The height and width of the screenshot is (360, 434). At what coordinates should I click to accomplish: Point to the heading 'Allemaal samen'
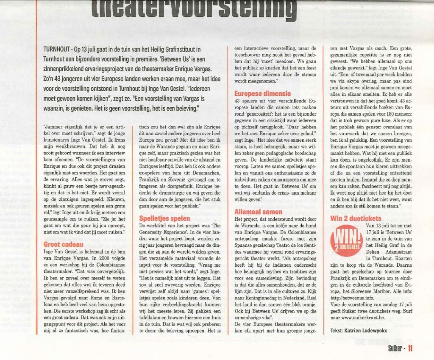point(259,211)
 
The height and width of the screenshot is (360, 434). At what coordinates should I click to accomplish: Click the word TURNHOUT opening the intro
point(58,50)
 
